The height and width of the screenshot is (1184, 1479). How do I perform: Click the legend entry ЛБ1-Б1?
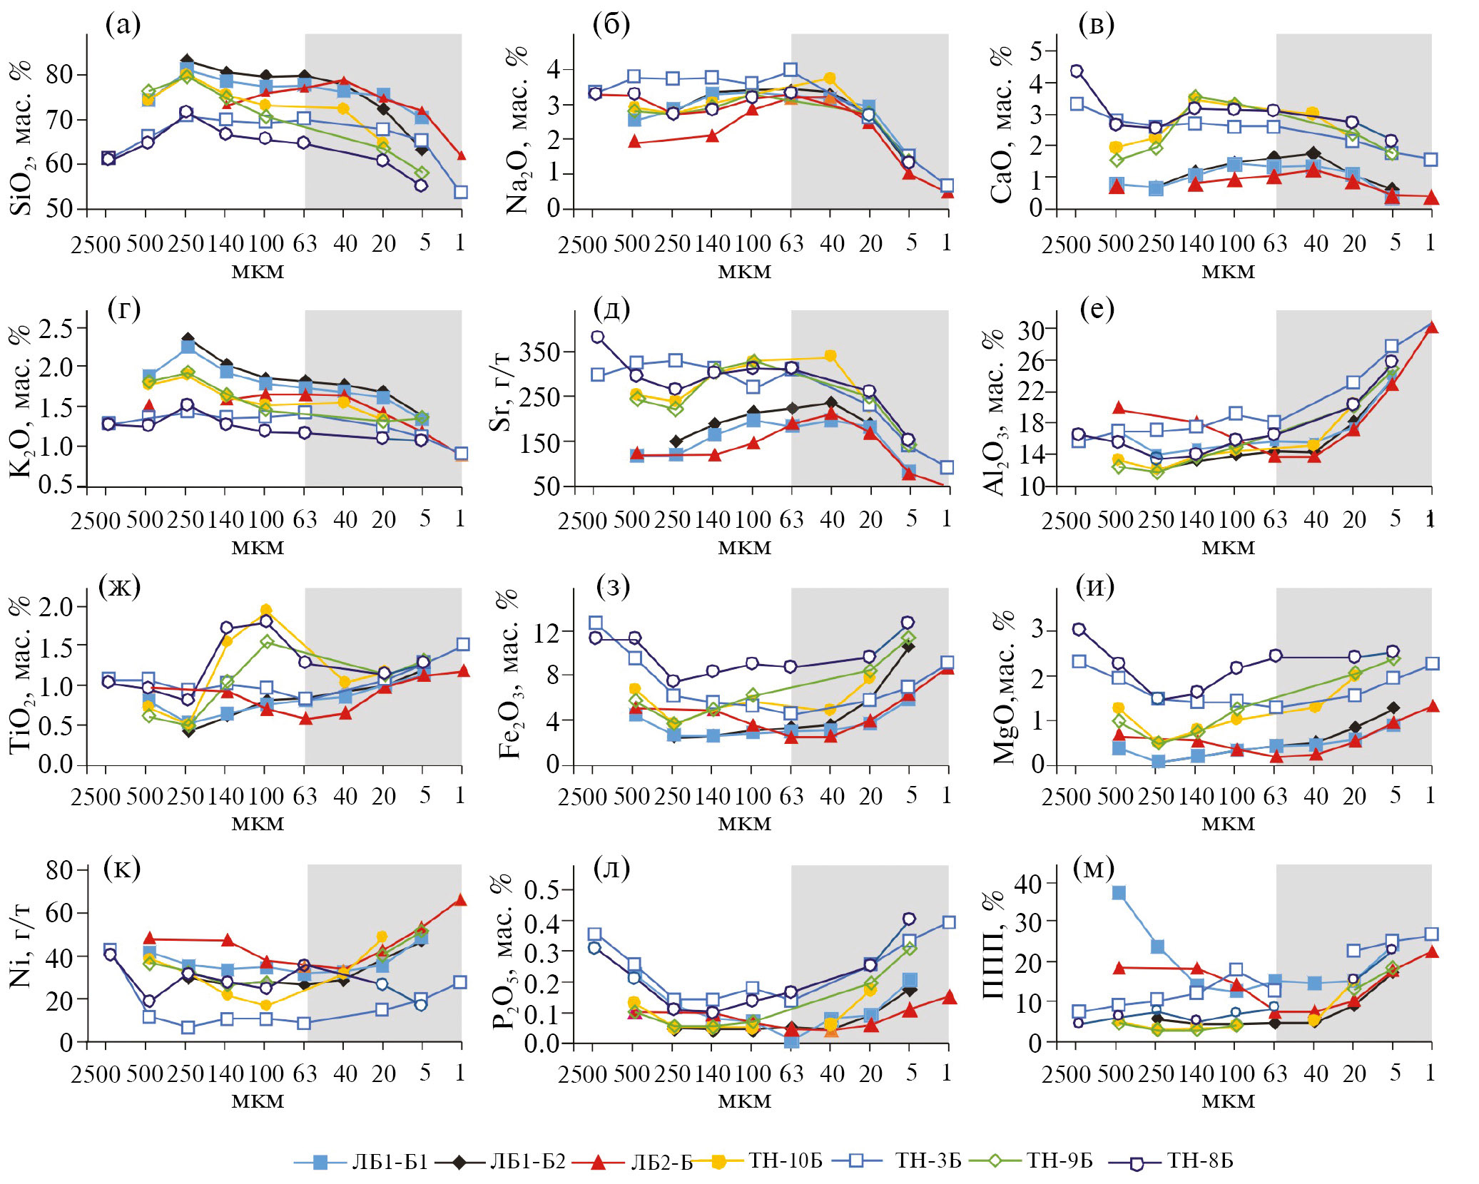(x=390, y=1162)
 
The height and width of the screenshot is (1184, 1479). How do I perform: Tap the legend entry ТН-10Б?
(x=785, y=1161)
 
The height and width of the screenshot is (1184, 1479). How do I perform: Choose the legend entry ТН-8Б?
(x=1199, y=1161)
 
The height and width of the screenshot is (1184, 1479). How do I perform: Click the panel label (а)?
(x=123, y=25)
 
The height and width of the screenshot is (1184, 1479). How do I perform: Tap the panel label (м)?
(x=1094, y=867)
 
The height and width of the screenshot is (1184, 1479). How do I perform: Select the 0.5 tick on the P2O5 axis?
(x=542, y=890)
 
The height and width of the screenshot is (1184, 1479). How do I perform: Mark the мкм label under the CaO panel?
(x=1228, y=272)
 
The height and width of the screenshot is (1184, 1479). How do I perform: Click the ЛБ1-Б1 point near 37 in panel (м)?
(x=1119, y=893)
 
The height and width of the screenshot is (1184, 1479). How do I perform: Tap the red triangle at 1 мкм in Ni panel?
(x=461, y=900)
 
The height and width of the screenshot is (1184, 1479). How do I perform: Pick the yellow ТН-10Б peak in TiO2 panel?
(x=266, y=610)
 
